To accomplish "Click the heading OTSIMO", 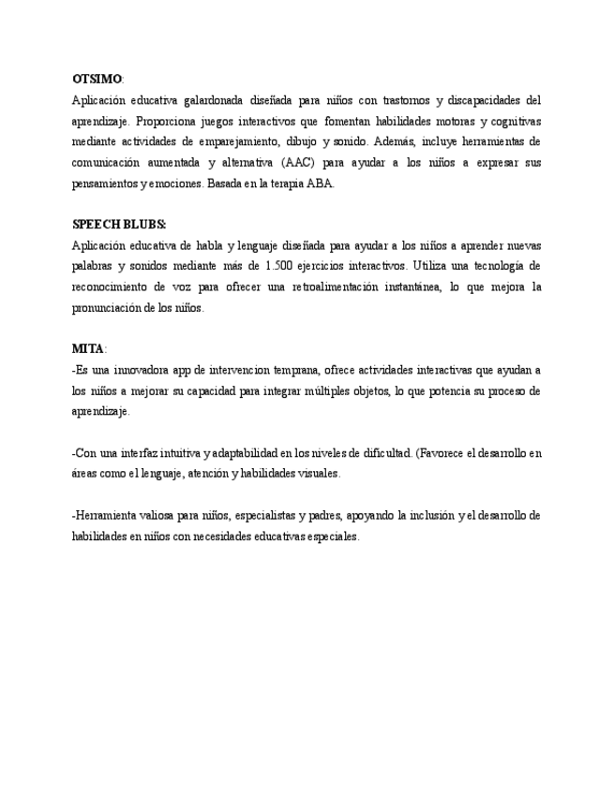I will [97, 79].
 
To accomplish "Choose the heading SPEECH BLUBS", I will [118, 225].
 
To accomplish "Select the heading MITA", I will [88, 349].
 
